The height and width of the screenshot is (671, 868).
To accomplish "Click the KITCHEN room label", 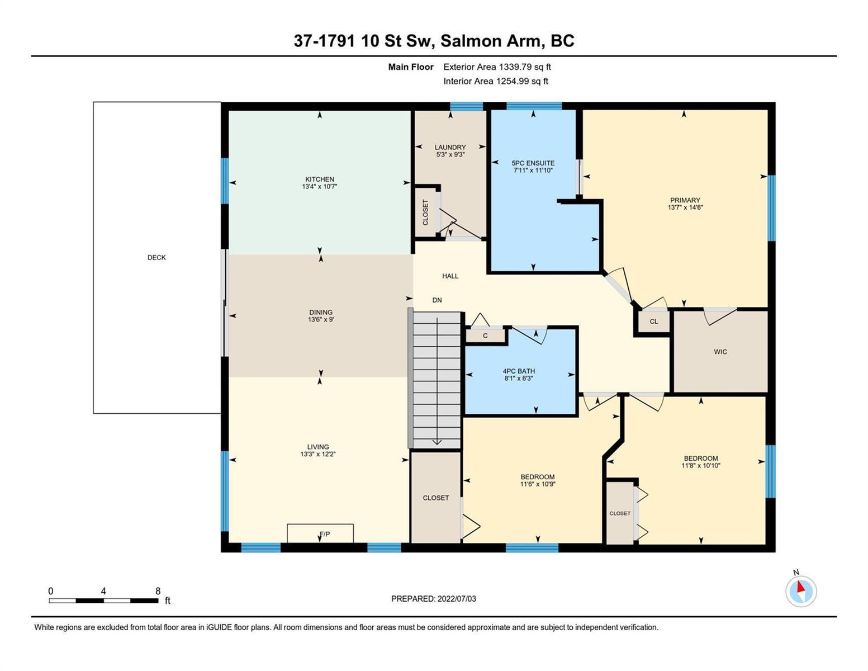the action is (319, 179).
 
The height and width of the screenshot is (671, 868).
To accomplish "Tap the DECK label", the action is (156, 257).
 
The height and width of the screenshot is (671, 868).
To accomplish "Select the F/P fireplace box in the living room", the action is (320, 533).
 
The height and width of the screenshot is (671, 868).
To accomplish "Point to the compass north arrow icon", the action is (800, 590).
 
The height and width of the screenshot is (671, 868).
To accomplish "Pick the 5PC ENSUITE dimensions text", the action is (533, 170).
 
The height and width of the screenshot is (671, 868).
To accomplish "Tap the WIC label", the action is (720, 352).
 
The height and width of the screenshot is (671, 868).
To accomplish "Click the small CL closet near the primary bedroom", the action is (653, 322).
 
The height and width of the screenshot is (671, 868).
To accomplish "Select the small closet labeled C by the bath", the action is (485, 335).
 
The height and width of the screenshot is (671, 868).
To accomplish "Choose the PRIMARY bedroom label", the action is (685, 200).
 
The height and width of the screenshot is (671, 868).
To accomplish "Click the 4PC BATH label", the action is (519, 371).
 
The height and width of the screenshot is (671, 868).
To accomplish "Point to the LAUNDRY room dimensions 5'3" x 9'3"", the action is (450, 154).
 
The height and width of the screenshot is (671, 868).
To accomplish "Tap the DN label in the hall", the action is (437, 300).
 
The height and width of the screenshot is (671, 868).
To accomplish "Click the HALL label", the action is (450, 276).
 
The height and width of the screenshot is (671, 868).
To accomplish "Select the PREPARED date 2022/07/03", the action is (457, 599).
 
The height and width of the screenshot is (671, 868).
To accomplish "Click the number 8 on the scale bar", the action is (158, 591).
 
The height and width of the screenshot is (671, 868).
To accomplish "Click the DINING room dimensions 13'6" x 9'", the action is (321, 319).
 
